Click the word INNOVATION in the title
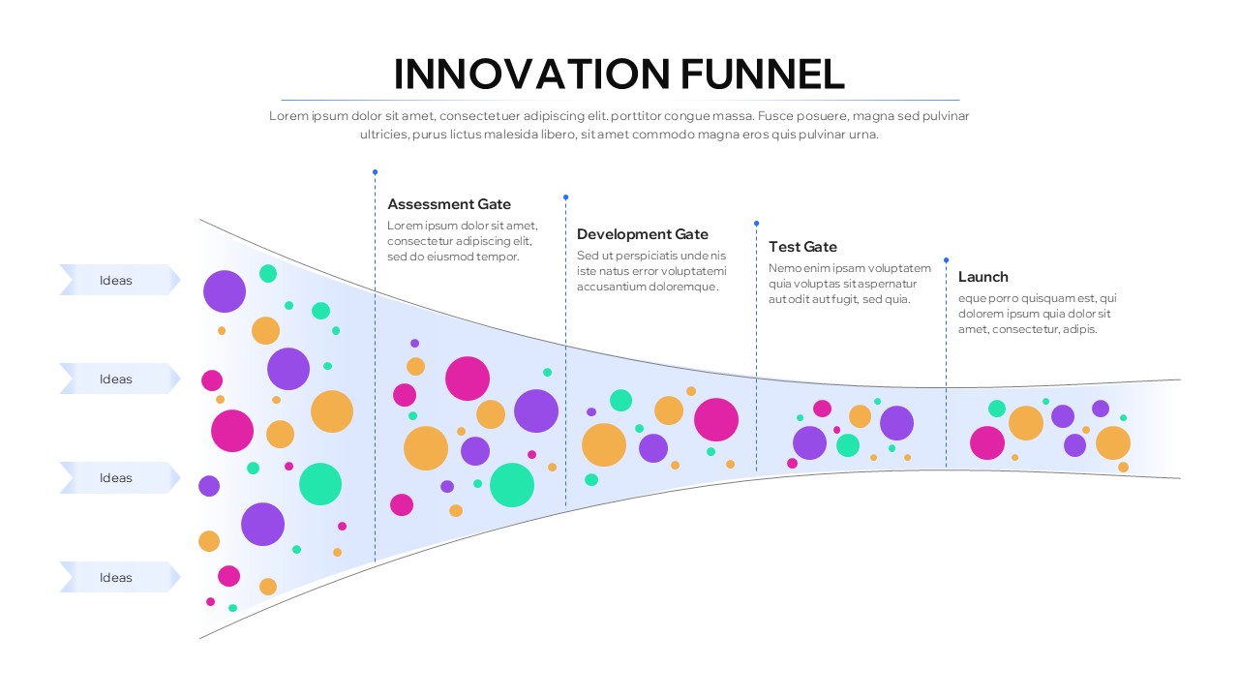point(530,75)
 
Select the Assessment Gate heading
point(449,204)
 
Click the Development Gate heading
point(643,234)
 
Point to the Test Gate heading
point(802,247)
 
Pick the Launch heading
point(983,277)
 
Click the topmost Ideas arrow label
point(116,281)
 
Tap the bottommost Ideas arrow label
point(116,578)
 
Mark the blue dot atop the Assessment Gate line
point(375,172)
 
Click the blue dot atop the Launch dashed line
point(946,259)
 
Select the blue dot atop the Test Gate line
point(756,224)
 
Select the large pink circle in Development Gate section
point(716,419)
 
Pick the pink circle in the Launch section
point(987,442)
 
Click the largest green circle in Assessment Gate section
point(512,485)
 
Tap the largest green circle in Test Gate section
point(848,445)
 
